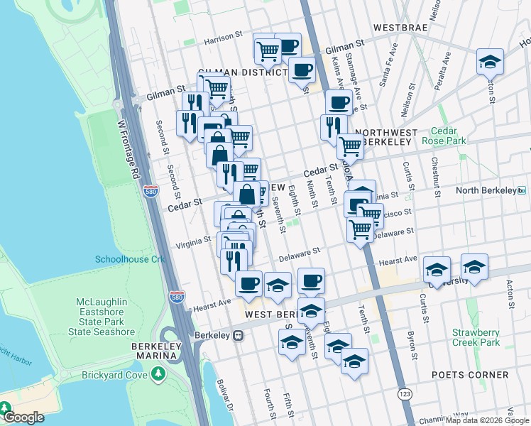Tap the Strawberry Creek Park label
(476, 338)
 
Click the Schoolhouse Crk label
(130, 259)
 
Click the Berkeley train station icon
(239, 334)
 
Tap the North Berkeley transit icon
(522, 190)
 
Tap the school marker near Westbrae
(490, 62)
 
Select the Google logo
(23, 417)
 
